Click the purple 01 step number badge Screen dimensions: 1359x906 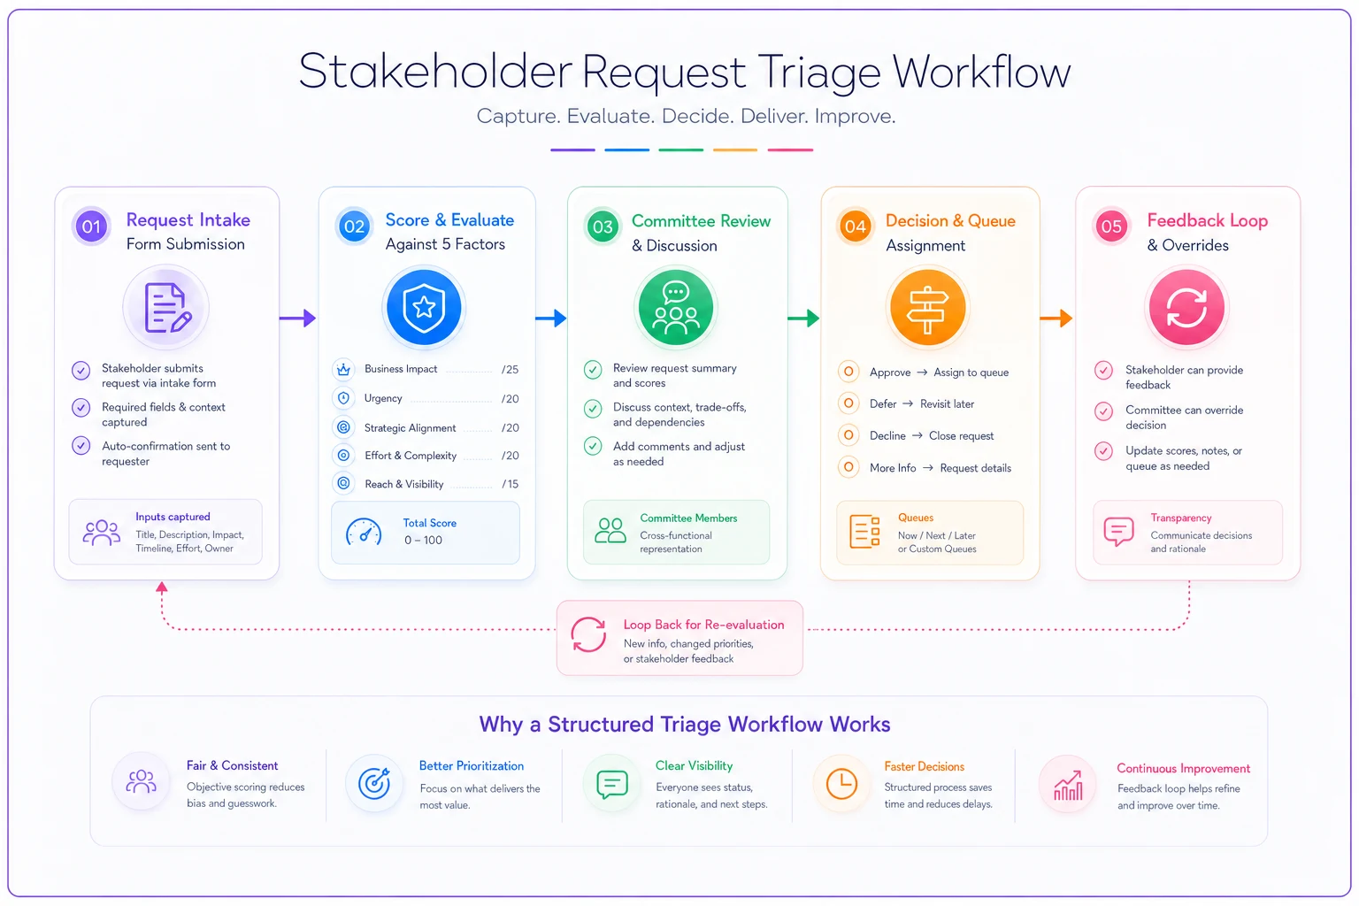(x=91, y=226)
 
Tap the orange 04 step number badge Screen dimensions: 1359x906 (x=855, y=226)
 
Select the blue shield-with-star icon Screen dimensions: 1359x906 (x=424, y=308)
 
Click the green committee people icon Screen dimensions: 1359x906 (x=676, y=308)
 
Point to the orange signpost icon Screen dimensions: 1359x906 (x=927, y=308)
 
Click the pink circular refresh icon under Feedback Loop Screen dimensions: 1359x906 (x=1186, y=308)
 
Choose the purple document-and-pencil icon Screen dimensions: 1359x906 (x=166, y=308)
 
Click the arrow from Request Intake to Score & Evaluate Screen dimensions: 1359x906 (x=298, y=318)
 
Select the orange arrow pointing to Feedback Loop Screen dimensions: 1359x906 (x=1056, y=318)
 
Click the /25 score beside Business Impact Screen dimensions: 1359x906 (x=510, y=370)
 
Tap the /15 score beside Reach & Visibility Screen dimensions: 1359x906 (x=510, y=484)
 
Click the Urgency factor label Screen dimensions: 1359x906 (x=383, y=398)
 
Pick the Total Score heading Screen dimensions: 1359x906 (x=429, y=523)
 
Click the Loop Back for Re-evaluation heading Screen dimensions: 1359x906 (x=703, y=625)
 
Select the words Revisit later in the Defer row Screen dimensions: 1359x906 (x=947, y=404)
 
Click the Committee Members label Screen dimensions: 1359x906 (x=688, y=518)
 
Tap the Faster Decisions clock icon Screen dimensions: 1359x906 (x=841, y=784)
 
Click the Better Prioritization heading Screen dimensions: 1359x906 (x=472, y=766)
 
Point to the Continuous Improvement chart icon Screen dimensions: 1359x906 (x=1068, y=786)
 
